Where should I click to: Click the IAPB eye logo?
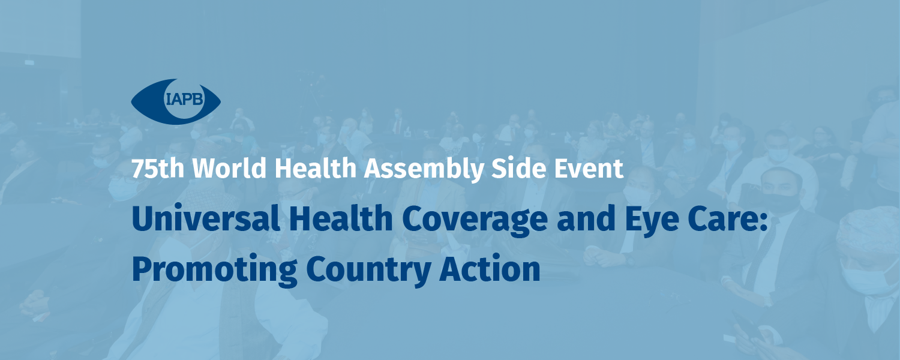pos(176,101)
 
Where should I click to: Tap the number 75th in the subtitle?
pos(158,169)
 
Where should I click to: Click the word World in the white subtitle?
pos(229,168)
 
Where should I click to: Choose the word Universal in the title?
pos(206,218)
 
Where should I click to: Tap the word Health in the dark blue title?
pos(340,218)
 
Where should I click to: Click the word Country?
pos(368,271)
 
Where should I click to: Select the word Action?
pos(490,268)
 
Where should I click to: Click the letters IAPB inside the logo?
pos(184,99)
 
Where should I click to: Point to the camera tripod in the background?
pos(310,97)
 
